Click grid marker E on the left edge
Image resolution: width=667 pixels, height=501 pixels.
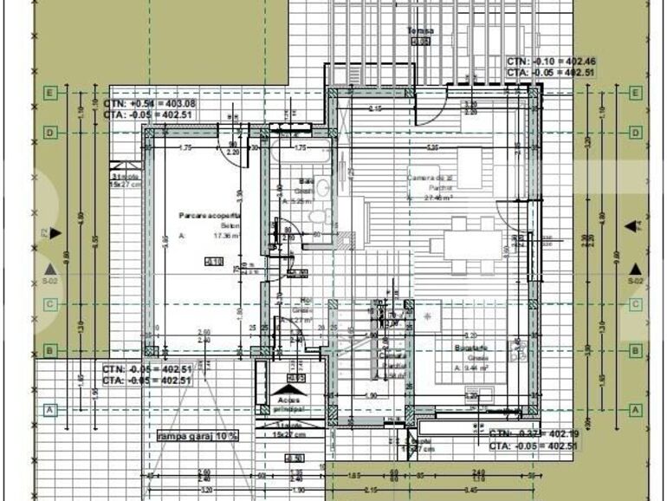pyautogui.click(x=50, y=92)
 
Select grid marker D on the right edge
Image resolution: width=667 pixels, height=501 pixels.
pyautogui.click(x=636, y=133)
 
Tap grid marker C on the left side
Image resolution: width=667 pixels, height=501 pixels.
pyautogui.click(x=50, y=304)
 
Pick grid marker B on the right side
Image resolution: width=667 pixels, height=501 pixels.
pyautogui.click(x=636, y=351)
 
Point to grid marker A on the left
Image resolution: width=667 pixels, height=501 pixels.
pyautogui.click(x=50, y=409)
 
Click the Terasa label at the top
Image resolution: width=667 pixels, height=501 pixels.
pyautogui.click(x=421, y=30)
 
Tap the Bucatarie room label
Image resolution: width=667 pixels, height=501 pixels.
pyautogui.click(x=469, y=347)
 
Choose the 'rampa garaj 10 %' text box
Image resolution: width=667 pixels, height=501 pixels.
pyautogui.click(x=198, y=436)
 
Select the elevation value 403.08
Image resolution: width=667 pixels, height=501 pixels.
pyautogui.click(x=178, y=103)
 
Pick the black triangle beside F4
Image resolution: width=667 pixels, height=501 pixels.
pyautogui.click(x=630, y=226)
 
